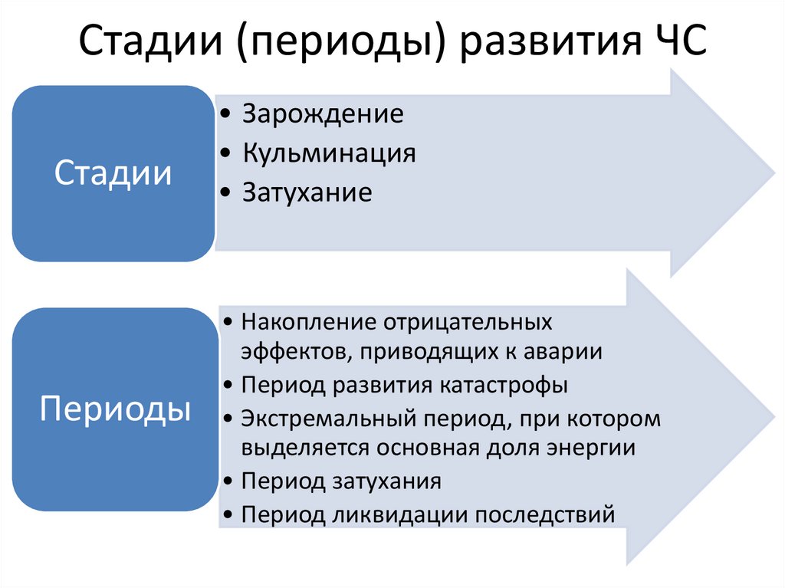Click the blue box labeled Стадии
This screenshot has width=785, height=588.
pos(112,173)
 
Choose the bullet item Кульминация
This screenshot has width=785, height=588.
pos(330,153)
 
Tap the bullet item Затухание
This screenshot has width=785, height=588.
pos(307,192)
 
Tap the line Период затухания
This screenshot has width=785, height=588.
pos(341,481)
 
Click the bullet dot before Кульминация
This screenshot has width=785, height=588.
pos(223,154)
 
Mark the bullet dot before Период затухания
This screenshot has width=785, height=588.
pos(231,481)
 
